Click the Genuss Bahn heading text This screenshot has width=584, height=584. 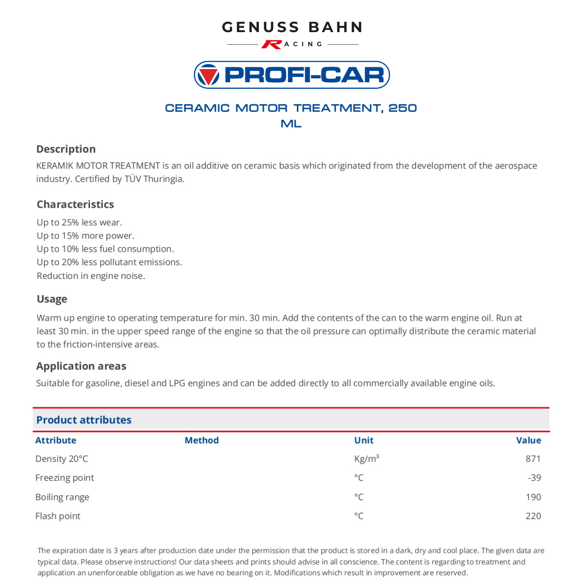coord(292,27)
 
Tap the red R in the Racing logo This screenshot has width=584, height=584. coord(271,44)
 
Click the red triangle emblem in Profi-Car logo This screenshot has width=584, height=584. coord(208,75)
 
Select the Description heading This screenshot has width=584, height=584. coord(66,149)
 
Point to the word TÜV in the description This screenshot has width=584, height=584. coord(133,179)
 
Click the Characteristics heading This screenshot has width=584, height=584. coord(75,204)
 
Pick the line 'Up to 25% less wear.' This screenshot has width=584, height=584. coord(79,222)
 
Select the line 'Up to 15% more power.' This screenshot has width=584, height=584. coord(85,236)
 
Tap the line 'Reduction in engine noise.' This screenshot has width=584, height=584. coord(91,276)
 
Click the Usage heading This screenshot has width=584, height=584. coord(52,299)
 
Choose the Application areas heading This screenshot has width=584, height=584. coord(81,366)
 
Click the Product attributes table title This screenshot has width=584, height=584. coord(84,420)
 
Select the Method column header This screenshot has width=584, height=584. coord(201,440)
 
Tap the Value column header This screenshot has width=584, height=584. coord(529,440)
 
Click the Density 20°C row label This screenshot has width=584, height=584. coord(61,459)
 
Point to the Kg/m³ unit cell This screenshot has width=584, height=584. coord(366,459)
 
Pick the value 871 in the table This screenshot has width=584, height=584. coord(533,459)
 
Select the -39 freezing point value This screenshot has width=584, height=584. coord(534,478)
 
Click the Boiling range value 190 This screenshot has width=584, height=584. coord(533,497)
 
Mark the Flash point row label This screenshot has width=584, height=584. coord(57,516)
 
